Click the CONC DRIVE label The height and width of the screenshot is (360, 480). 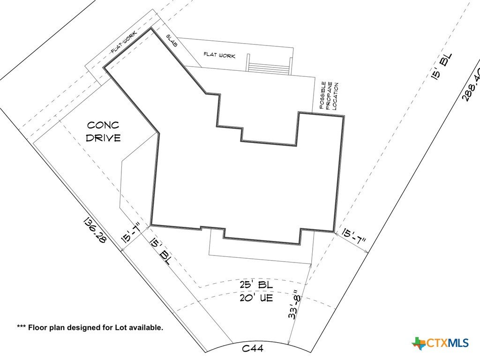pos(103,132)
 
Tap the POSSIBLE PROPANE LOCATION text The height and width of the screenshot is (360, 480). pos(329,96)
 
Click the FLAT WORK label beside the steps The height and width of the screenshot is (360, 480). pos(219,55)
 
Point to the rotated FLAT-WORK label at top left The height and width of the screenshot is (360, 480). pos(124,42)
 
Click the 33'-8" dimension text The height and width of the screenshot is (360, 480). pos(293,305)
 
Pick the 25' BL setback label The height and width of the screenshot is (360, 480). pos(256,285)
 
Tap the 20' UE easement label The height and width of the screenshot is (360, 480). pos(256,298)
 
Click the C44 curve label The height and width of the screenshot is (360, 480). pos(253,348)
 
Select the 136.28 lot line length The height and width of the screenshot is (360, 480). pos(95,230)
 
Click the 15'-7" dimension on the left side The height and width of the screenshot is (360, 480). pos(131,233)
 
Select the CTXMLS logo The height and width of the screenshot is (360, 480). pos(440,343)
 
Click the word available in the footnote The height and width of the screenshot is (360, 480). pos(146,328)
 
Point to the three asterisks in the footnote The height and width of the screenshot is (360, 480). pos(21,326)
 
